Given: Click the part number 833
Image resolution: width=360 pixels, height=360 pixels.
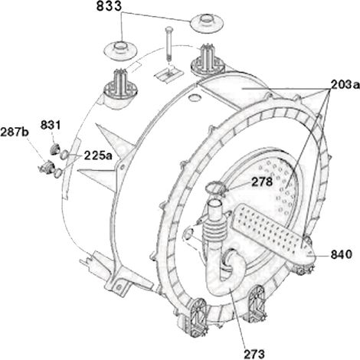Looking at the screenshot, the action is click(x=109, y=6).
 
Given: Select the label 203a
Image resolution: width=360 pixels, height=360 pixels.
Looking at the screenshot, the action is click(x=345, y=84).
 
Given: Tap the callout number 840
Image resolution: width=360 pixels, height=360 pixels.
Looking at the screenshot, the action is click(x=342, y=254).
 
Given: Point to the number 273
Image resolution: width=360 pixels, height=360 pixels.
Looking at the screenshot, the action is click(x=254, y=354).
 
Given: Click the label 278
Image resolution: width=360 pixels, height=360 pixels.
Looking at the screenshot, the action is click(x=262, y=182).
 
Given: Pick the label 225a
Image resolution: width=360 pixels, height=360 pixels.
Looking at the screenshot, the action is click(x=98, y=155).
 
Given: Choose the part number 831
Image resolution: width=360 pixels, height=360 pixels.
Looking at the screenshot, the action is click(x=51, y=125).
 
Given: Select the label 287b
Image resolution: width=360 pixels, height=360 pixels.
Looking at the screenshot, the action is click(x=15, y=133).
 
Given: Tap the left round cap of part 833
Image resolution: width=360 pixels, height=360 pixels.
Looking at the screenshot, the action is click(x=121, y=50).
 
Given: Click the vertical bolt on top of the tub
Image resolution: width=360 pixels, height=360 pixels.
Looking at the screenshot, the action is click(x=168, y=44).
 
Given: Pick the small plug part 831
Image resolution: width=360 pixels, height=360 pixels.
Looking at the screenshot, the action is click(x=55, y=149).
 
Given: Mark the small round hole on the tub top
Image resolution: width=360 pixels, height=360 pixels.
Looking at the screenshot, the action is click(x=195, y=97).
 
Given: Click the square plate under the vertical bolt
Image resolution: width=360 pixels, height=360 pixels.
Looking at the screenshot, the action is click(x=169, y=74).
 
